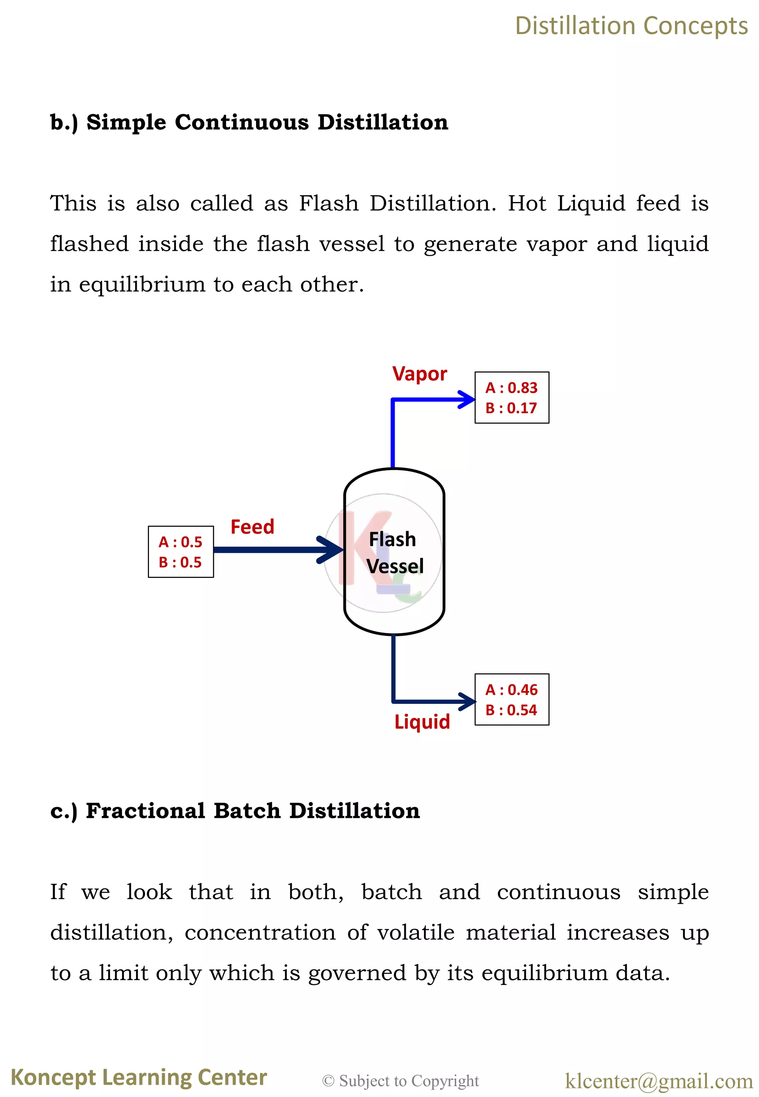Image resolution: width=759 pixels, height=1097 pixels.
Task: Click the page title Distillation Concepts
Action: click(631, 26)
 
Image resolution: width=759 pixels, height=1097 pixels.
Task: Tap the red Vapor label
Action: click(420, 374)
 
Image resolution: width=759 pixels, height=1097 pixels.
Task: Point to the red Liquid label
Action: click(422, 722)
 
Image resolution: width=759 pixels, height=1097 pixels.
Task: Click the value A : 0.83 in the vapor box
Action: click(511, 388)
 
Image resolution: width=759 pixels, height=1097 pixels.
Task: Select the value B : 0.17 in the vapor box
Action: click(511, 408)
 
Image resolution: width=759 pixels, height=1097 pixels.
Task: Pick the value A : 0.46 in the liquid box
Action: click(511, 690)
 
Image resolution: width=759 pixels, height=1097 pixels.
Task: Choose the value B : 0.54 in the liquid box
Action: click(511, 710)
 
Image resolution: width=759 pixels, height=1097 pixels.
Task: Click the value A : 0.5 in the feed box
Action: click(180, 542)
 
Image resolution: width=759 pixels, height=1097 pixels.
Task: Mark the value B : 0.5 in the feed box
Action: click(180, 562)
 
